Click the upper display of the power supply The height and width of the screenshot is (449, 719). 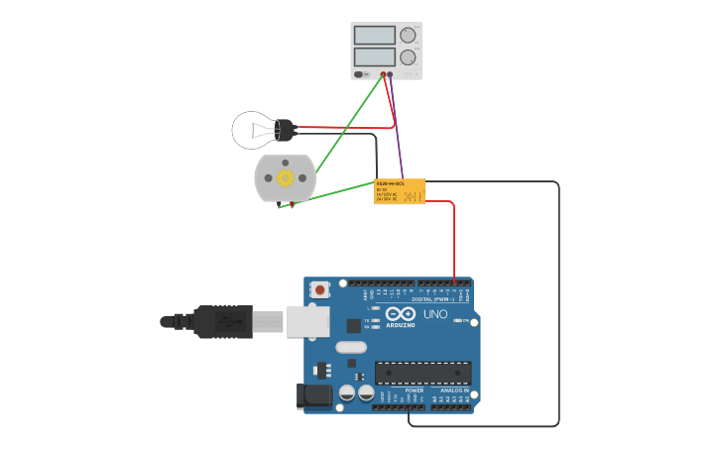(375, 35)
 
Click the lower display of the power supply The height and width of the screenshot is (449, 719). (375, 56)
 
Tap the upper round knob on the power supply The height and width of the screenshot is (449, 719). (408, 35)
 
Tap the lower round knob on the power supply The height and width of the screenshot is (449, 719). (408, 57)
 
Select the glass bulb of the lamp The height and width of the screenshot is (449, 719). (252, 130)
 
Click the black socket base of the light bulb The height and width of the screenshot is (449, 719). (286, 130)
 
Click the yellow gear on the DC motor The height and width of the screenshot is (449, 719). (285, 178)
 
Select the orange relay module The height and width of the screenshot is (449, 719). (399, 190)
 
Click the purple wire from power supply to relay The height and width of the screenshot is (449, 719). (397, 129)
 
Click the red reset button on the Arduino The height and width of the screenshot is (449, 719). (319, 290)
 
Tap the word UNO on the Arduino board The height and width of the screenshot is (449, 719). (435, 314)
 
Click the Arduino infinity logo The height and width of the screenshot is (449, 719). (402, 315)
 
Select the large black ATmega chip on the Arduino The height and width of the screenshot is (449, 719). (422, 374)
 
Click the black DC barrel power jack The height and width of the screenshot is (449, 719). (314, 396)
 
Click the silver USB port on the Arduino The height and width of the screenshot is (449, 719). (307, 321)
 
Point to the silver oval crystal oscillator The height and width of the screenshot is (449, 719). (351, 347)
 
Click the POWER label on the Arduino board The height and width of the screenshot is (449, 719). (415, 391)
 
